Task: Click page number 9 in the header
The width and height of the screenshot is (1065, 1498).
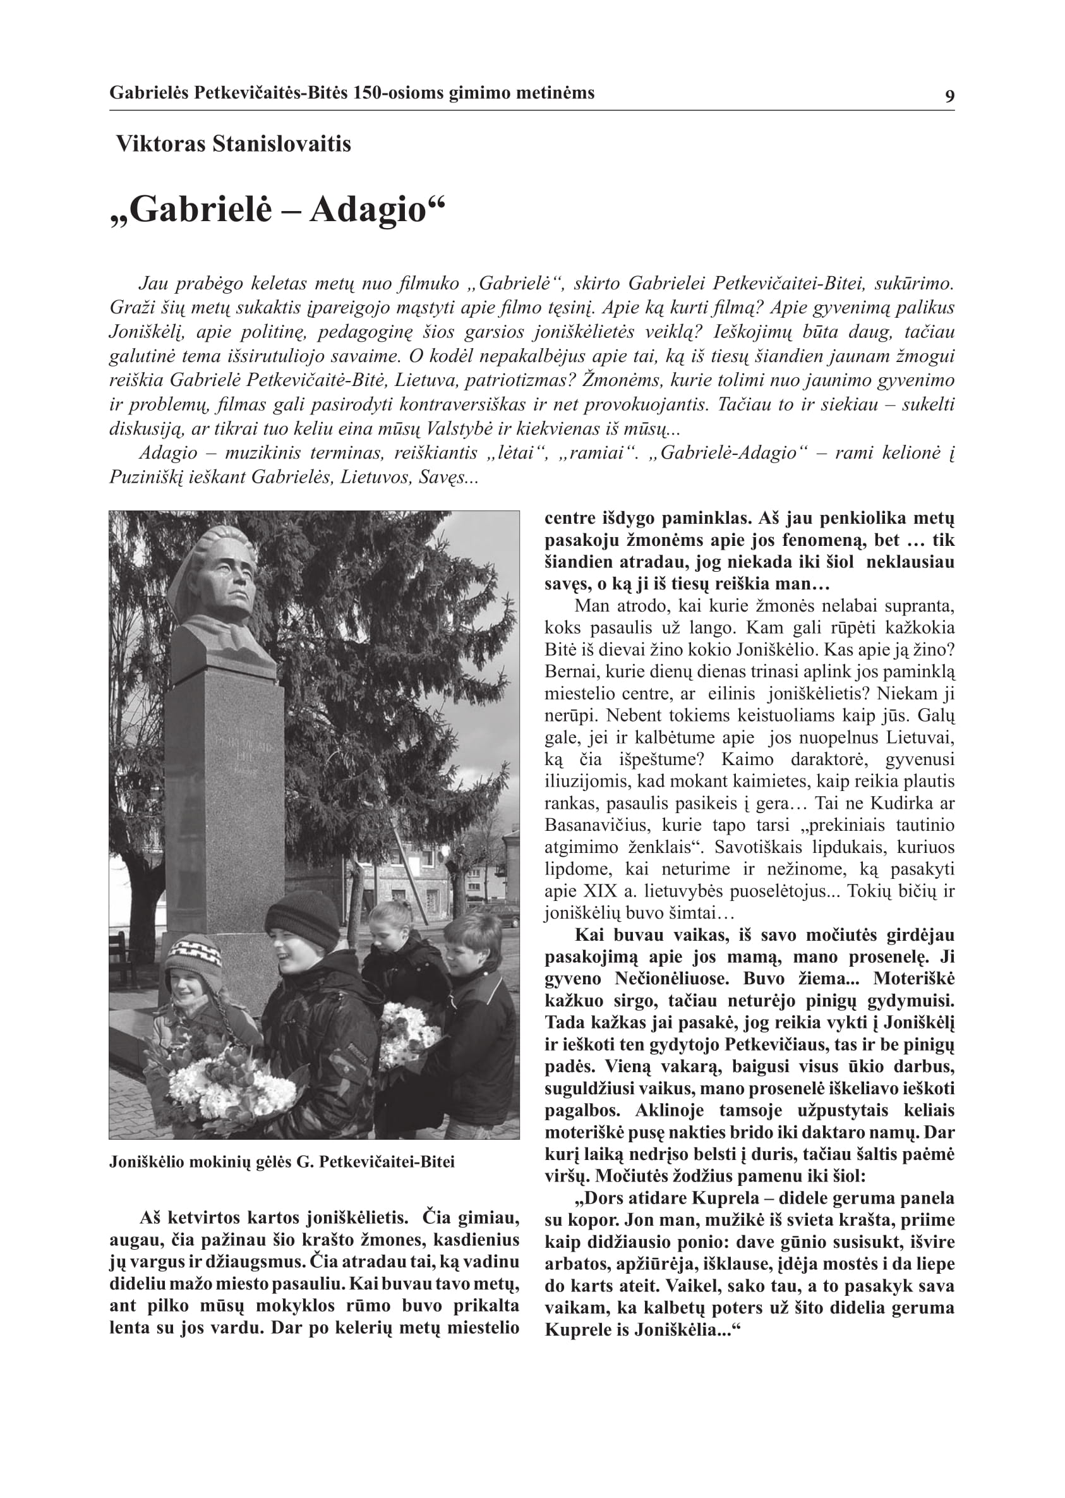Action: click(x=949, y=97)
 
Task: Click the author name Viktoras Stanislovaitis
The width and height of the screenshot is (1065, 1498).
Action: click(x=234, y=144)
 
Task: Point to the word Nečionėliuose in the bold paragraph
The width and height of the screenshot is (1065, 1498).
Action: click(x=673, y=979)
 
